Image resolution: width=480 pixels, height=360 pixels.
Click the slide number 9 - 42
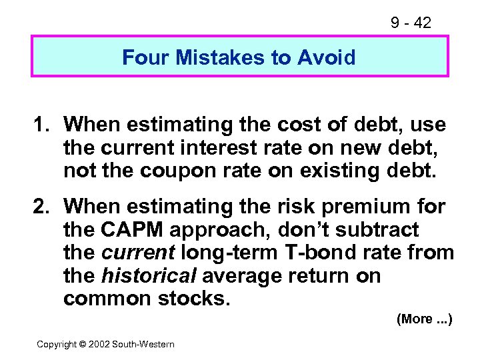coord(411,23)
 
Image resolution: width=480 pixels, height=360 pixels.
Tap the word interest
coord(259,147)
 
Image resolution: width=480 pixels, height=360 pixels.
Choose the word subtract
coord(377,230)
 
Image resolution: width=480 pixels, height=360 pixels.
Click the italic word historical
coord(148,275)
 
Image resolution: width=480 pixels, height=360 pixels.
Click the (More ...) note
coord(424,319)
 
